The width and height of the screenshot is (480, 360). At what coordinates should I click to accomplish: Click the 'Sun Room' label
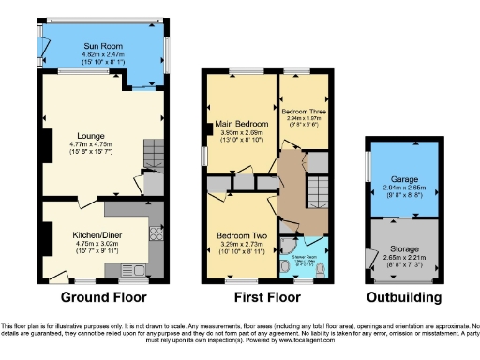pyautogui.click(x=104, y=48)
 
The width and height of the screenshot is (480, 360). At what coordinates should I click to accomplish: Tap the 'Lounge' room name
pyautogui.click(x=91, y=135)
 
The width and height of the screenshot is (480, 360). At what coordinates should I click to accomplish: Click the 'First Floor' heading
pyautogui.click(x=264, y=298)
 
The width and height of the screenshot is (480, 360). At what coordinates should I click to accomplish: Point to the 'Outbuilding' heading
pyautogui.click(x=403, y=298)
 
